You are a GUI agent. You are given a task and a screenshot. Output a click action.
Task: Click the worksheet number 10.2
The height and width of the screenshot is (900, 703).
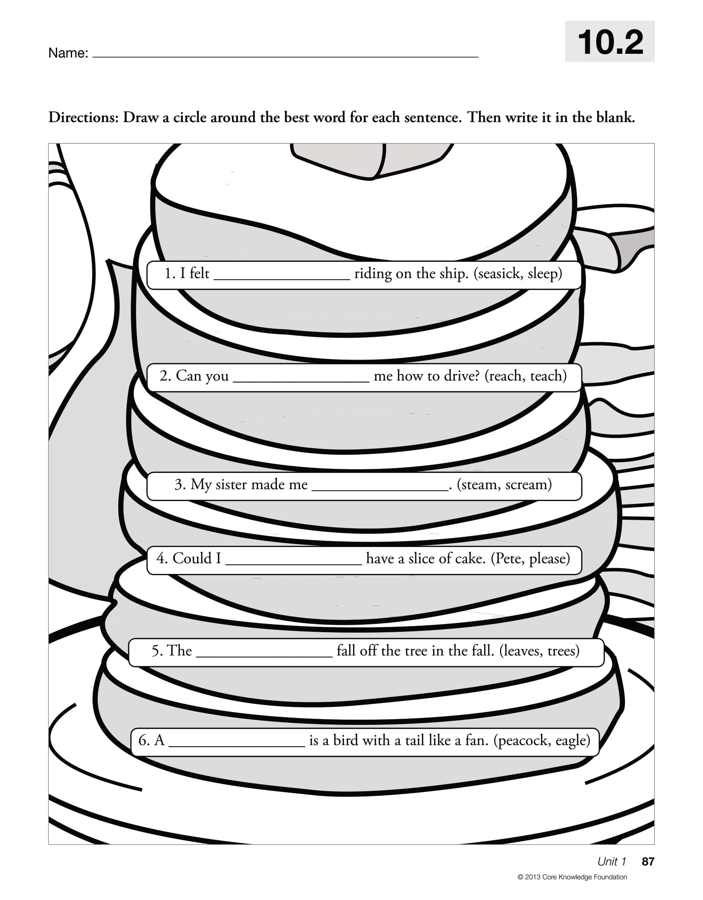(x=610, y=42)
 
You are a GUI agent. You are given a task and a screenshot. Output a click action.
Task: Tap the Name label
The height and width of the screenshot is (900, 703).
(x=68, y=53)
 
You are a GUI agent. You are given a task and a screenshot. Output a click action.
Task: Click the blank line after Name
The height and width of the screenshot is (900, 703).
(x=285, y=55)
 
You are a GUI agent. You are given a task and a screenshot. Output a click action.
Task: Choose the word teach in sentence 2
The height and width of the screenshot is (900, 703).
(x=548, y=376)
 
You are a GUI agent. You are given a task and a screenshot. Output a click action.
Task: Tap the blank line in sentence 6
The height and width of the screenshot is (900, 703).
(x=237, y=745)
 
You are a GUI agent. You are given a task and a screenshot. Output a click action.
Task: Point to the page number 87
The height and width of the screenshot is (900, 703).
(x=648, y=862)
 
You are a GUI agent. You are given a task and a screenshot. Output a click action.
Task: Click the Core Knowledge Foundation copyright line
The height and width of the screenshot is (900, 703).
(x=572, y=877)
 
